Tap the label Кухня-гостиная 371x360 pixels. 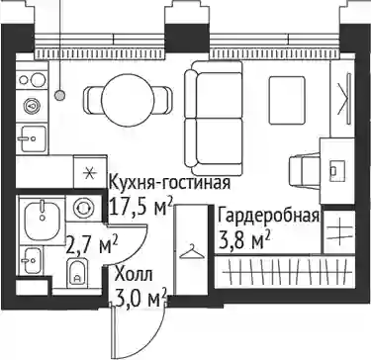point(169,183)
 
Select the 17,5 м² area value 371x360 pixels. point(140,207)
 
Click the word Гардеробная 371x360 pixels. point(268,217)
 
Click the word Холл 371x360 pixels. point(134,275)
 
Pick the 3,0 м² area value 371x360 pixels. point(139,299)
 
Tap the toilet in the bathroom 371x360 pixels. point(77,273)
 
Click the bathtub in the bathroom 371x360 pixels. point(42,220)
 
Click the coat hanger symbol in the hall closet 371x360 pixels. point(192,252)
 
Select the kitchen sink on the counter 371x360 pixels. point(32,138)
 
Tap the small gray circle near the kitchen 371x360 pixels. point(59,96)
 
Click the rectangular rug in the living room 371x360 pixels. point(287,100)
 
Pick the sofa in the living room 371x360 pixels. point(213,118)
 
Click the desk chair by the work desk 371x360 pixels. point(304,172)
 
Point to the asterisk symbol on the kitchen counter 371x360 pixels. point(89,173)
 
